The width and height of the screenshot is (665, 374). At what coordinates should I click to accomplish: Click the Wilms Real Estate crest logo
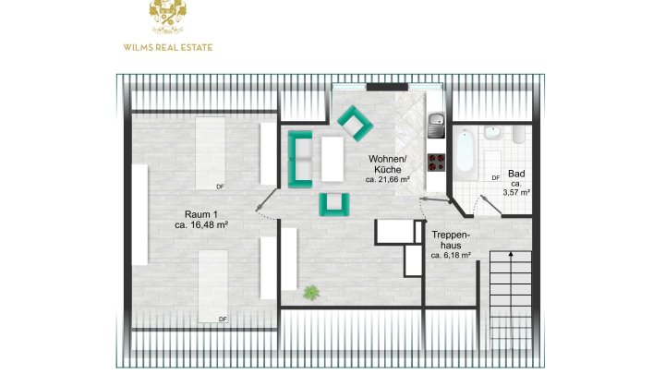pyautogui.click(x=167, y=17)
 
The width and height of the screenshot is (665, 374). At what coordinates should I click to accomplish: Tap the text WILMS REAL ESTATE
pyautogui.click(x=168, y=47)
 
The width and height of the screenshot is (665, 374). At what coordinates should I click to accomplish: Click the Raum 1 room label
pyautogui.click(x=201, y=214)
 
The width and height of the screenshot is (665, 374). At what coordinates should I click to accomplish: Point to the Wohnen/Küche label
pyautogui.click(x=388, y=164)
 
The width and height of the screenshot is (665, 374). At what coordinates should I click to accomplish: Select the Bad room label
pyautogui.click(x=516, y=174)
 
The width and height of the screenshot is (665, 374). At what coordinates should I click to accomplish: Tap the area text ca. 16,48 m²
pyautogui.click(x=201, y=225)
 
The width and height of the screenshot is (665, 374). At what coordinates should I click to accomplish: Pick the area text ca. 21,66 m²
pyautogui.click(x=388, y=179)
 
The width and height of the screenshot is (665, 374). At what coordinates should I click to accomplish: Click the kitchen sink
pyautogui.click(x=436, y=125)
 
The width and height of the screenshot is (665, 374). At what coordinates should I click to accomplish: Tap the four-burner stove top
pyautogui.click(x=436, y=163)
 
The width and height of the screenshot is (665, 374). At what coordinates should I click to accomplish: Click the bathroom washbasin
pyautogui.click(x=493, y=133)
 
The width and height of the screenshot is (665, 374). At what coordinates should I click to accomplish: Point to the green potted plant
pyautogui.click(x=311, y=293)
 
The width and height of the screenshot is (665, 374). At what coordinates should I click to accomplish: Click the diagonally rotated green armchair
pyautogui.click(x=356, y=124)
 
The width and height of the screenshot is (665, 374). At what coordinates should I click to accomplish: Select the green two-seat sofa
pyautogui.click(x=300, y=159)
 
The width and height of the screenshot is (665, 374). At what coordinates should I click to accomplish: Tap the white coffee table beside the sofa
pyautogui.click(x=332, y=159)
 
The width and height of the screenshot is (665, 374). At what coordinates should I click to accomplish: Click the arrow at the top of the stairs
pyautogui.click(x=511, y=255)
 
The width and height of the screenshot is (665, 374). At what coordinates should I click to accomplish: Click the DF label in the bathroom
pyautogui.click(x=495, y=178)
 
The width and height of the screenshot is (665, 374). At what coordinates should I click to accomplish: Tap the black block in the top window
pyautogui.click(x=387, y=88)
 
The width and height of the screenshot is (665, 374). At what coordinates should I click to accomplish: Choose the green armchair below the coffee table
pyautogui.click(x=334, y=204)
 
